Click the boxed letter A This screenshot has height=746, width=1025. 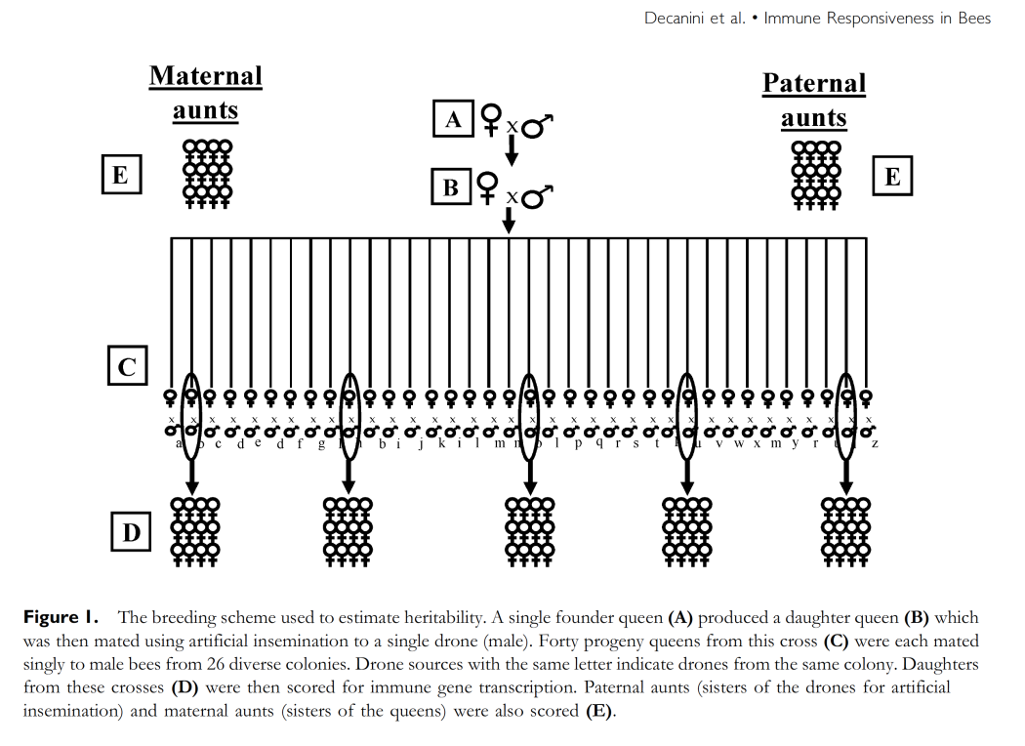(x=453, y=119)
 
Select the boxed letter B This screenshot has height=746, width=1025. (x=451, y=186)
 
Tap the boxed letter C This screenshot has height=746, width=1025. (x=127, y=367)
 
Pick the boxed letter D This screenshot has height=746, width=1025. (x=131, y=532)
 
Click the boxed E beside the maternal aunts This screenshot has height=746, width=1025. (x=120, y=176)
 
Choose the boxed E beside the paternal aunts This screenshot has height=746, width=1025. (x=892, y=177)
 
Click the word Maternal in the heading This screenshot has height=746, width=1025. (x=206, y=76)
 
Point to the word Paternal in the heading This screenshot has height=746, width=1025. (x=814, y=83)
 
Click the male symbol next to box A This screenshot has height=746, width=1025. (x=538, y=126)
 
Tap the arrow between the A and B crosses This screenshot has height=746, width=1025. (x=511, y=150)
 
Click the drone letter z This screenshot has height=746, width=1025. (x=875, y=444)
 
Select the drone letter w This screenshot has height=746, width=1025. (x=739, y=444)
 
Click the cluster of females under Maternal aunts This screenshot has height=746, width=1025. (x=207, y=174)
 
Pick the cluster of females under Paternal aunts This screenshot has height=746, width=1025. (x=816, y=175)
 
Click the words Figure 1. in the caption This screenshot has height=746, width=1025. (x=64, y=617)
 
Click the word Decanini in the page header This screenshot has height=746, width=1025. (x=678, y=19)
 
